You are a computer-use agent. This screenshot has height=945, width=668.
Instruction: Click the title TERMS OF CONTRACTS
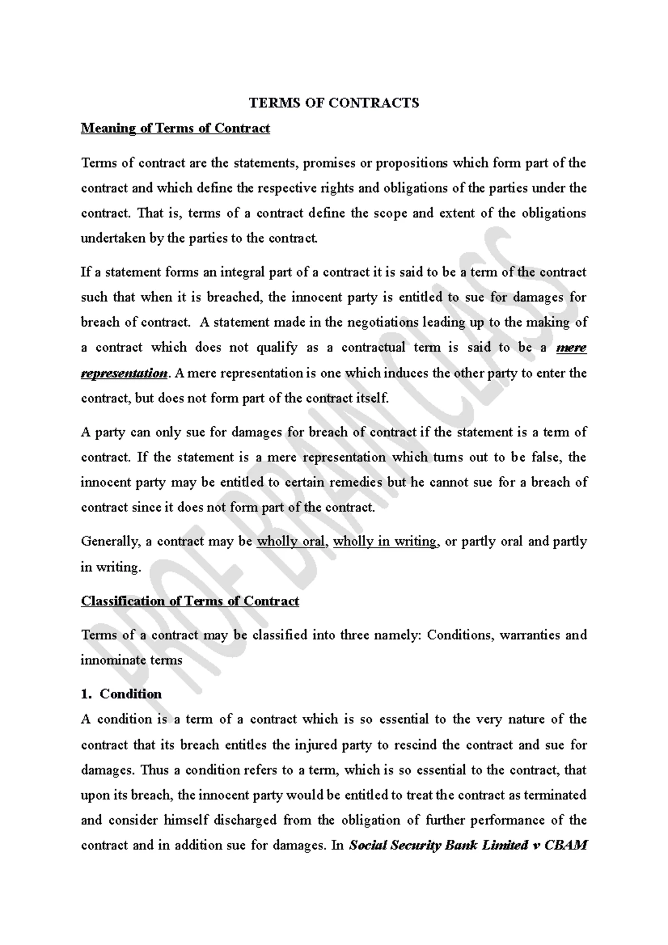(x=333, y=103)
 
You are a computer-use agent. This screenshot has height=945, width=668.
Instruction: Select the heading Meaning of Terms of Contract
(x=175, y=129)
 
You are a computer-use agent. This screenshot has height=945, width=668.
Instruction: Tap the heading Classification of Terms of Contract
(x=190, y=601)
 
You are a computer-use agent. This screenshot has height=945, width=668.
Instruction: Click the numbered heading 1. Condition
(x=121, y=694)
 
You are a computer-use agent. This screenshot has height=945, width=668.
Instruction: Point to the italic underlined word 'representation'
(x=124, y=373)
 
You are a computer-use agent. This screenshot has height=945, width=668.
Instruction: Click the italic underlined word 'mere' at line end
(x=571, y=348)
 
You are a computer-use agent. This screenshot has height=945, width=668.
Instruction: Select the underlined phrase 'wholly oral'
(x=290, y=542)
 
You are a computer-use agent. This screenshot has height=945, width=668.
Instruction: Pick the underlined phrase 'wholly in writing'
(x=385, y=542)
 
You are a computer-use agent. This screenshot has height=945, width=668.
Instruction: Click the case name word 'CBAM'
(x=566, y=845)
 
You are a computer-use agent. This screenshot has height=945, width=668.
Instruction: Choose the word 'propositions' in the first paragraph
(x=411, y=163)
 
